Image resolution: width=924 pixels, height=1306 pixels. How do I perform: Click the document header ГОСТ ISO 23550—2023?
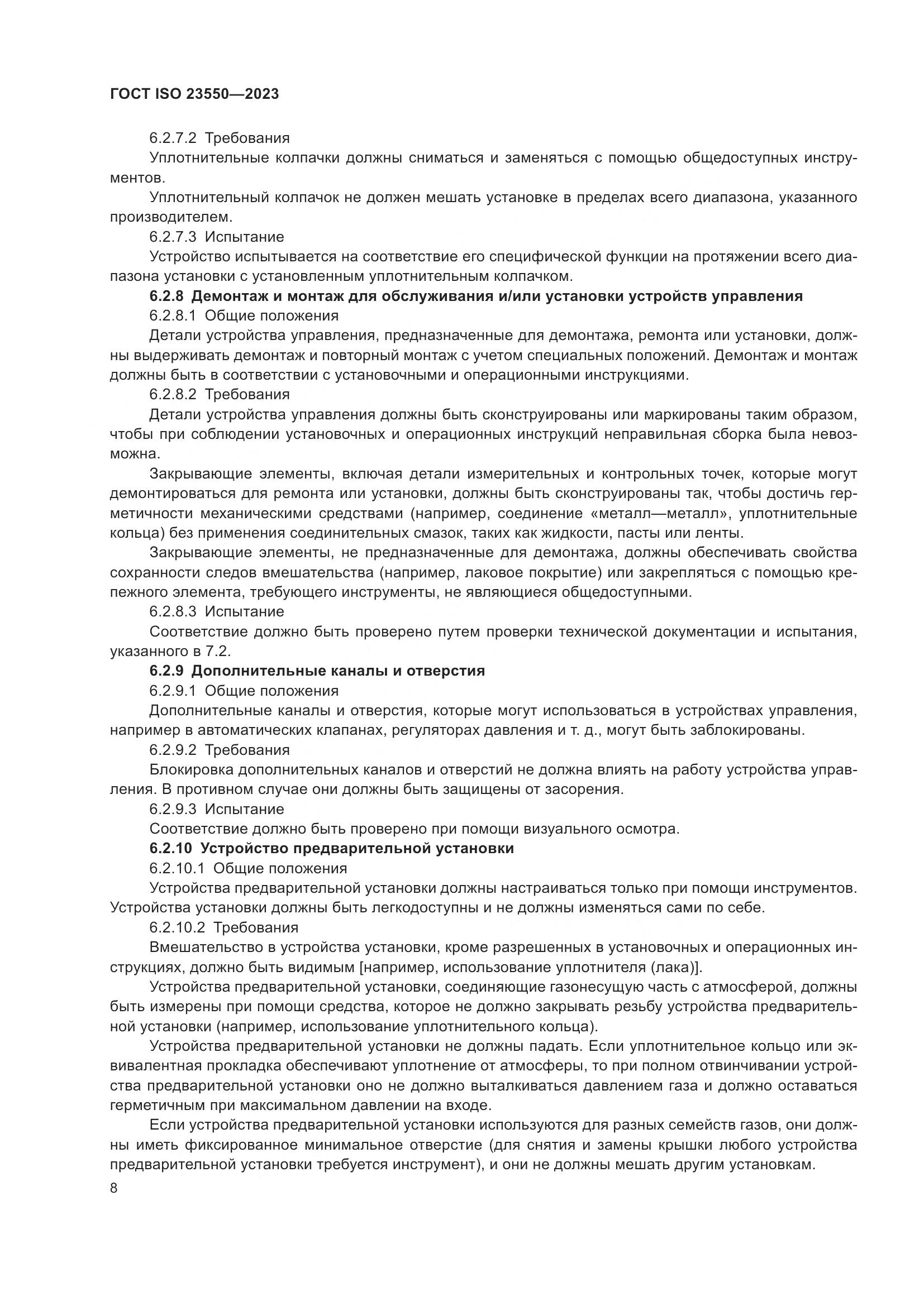tap(194, 94)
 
